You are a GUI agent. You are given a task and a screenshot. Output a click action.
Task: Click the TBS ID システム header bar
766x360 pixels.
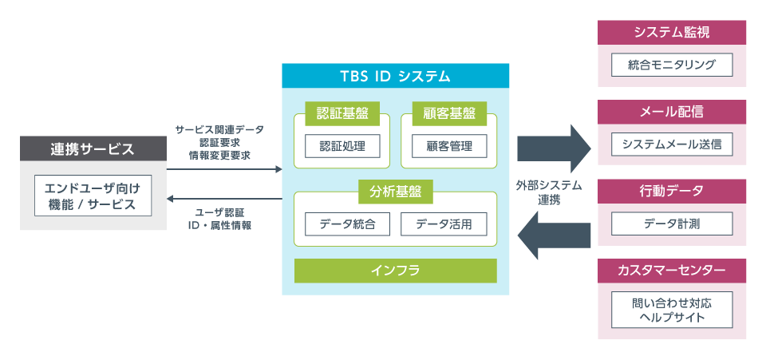pos(395,77)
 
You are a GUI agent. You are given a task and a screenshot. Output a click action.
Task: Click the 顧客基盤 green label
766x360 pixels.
pos(448,113)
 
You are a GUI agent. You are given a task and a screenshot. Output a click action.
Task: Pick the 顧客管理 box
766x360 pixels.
pos(448,146)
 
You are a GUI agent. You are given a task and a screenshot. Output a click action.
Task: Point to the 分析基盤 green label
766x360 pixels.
pos(395,192)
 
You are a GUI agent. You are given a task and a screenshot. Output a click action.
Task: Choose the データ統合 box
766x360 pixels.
pos(347,224)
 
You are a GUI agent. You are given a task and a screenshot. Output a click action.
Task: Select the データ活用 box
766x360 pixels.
pos(444,224)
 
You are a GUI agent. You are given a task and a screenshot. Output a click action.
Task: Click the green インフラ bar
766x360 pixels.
pos(395,270)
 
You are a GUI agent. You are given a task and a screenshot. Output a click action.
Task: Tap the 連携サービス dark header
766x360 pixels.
pos(93,148)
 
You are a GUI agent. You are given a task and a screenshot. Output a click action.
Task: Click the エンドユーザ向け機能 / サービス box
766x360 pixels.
pos(93,196)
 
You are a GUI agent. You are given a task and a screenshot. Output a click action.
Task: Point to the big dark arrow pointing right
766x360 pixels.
pos(552,146)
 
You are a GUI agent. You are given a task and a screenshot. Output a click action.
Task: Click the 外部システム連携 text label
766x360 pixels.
pos(549,192)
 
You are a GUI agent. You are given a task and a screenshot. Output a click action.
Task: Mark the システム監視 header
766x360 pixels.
pos(672,33)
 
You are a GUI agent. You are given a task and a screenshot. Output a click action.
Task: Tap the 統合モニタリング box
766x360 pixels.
pos(672,65)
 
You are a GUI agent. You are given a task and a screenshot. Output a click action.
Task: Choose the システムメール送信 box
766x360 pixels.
pos(672,144)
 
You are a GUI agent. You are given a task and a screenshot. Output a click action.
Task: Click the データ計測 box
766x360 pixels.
pos(672,224)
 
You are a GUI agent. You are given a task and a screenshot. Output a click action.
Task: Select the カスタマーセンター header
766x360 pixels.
pos(672,270)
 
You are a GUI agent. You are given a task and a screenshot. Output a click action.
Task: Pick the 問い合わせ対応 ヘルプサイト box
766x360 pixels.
pos(672,310)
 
